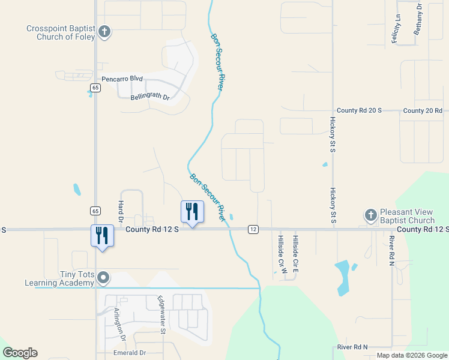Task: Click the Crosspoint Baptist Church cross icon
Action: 104,32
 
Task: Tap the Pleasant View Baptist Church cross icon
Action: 371,215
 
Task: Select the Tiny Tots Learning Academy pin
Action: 103,278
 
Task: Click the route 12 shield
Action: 253,229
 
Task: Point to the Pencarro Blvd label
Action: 122,79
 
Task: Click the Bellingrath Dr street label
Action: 150,97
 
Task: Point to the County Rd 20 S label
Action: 359,110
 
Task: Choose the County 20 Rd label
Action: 423,110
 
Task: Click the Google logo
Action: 20,353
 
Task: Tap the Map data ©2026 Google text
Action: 412,355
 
